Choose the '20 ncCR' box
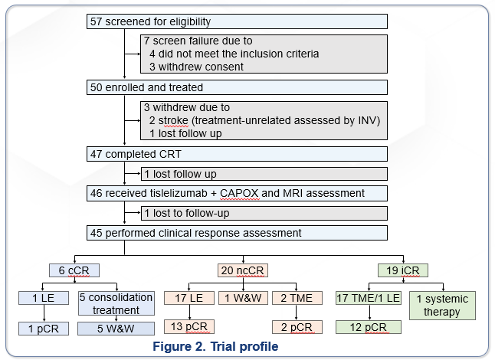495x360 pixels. click(244, 270)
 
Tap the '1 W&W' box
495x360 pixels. click(243, 298)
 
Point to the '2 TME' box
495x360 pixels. click(297, 298)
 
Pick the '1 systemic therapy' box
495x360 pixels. click(441, 304)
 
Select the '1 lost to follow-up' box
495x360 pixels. click(187, 213)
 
